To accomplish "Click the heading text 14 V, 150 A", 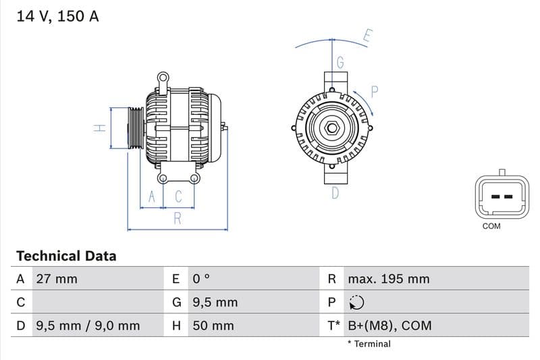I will click(x=57, y=17).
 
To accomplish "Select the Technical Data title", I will click(x=66, y=256).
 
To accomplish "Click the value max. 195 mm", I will click(x=388, y=279).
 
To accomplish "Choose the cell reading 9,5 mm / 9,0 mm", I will click(x=87, y=326).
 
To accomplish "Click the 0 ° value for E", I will click(x=202, y=279).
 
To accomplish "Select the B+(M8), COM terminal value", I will click(x=389, y=326).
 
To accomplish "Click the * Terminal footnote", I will click(x=369, y=344).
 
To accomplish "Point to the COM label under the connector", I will click(x=491, y=226).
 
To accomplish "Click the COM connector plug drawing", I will click(x=501, y=197).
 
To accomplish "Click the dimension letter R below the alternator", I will click(x=178, y=218).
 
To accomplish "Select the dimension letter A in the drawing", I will click(x=152, y=197).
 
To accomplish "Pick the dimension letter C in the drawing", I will click(x=179, y=197).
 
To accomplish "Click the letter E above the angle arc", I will click(x=367, y=36).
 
